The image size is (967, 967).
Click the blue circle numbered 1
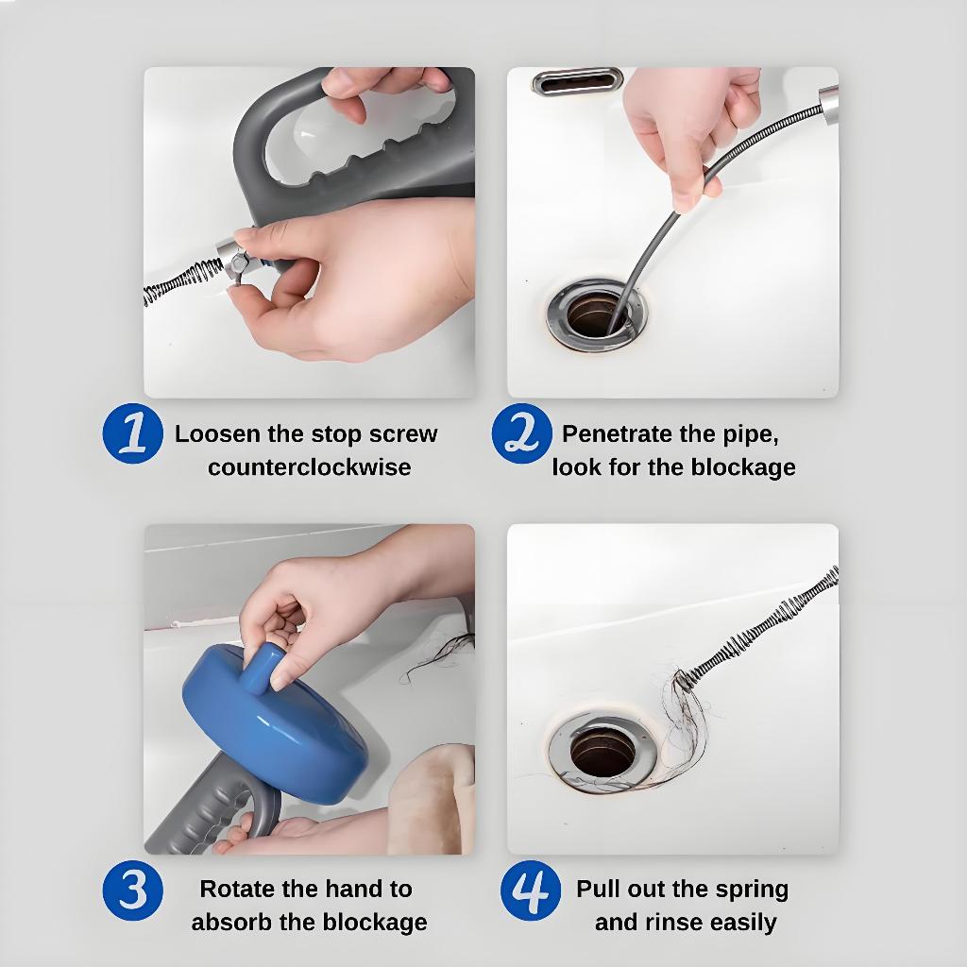pyautogui.click(x=132, y=433)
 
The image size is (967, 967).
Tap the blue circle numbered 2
pyautogui.click(x=521, y=433)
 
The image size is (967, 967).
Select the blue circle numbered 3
pyautogui.click(x=132, y=891)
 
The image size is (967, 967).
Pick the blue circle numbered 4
pyautogui.click(x=531, y=891)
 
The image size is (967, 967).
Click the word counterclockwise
pyautogui.click(x=309, y=467)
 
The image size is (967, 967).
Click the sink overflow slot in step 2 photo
pyautogui.click(x=577, y=82)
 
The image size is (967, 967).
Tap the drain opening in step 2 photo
pyautogui.click(x=597, y=314)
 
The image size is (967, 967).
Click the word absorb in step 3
pyautogui.click(x=232, y=923)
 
